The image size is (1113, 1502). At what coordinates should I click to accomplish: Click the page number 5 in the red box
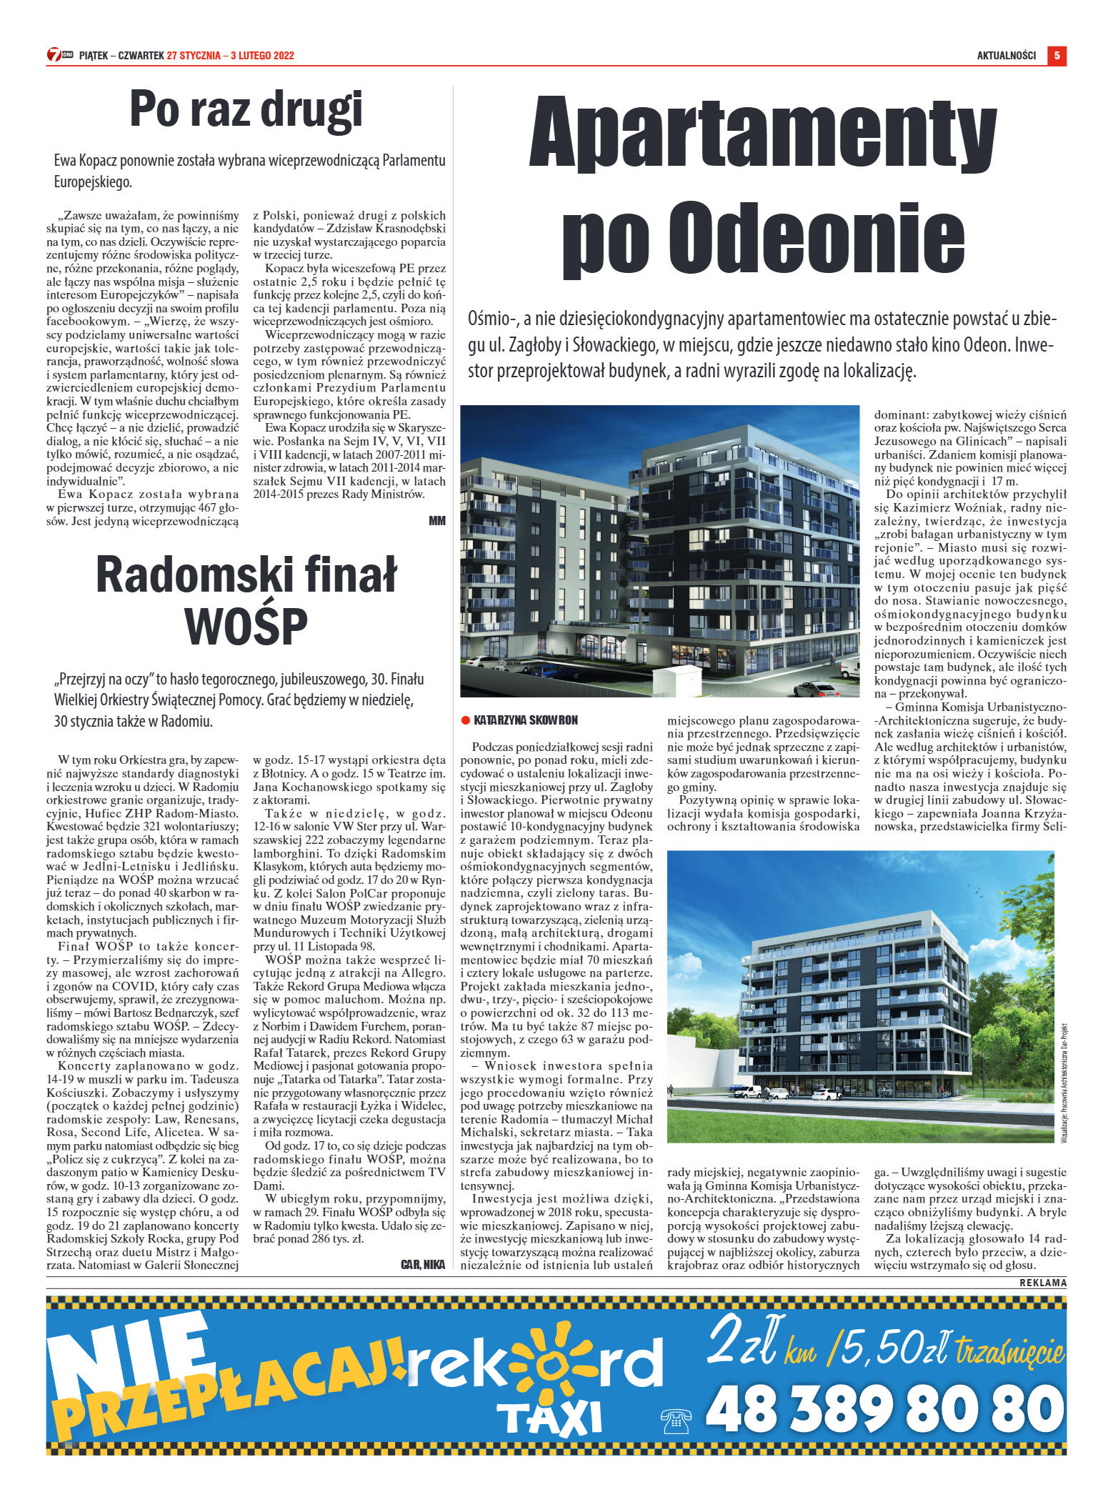[x=1057, y=56]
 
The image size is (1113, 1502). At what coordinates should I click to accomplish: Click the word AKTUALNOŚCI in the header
[x=1006, y=56]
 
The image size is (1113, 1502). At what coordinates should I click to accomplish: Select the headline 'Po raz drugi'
[x=246, y=111]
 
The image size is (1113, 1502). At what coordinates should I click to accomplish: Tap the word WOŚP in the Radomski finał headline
[x=246, y=625]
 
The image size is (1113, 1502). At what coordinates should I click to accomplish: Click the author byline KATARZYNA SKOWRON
[x=525, y=720]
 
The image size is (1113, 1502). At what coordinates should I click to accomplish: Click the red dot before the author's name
[x=465, y=720]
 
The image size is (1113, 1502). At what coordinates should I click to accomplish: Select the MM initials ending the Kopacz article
[x=436, y=521]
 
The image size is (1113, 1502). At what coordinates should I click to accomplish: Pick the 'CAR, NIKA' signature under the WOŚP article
[x=423, y=1265]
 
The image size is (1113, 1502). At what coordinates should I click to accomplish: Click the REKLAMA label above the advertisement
[x=1042, y=1283]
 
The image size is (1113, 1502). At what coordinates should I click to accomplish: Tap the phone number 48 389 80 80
[x=884, y=1409]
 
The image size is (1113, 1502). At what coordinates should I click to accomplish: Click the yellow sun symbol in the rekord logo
[x=549, y=1367]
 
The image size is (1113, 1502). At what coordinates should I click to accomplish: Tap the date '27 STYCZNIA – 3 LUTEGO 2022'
[x=230, y=56]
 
